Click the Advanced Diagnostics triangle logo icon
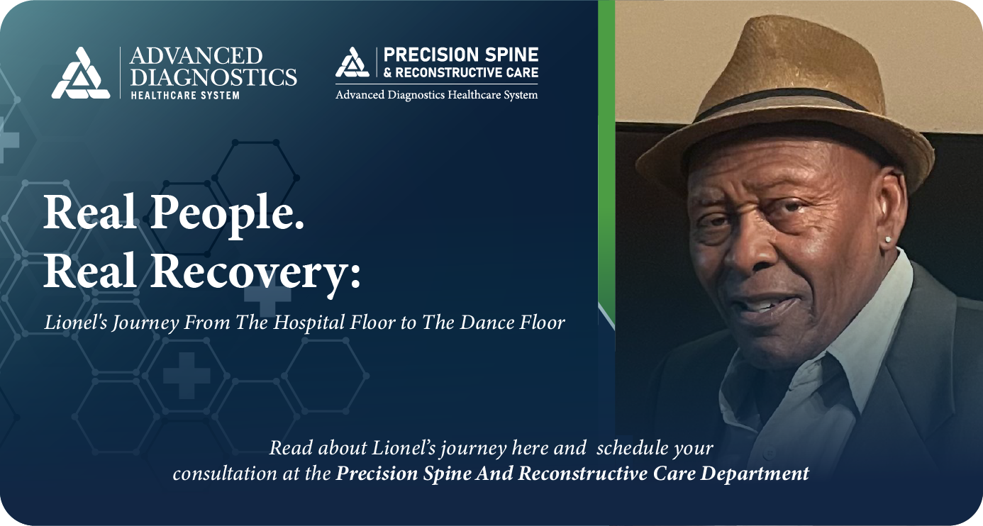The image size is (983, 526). pos(81,74)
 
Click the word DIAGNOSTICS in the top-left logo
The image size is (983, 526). pos(213,77)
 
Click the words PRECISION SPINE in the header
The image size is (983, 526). pos(460,55)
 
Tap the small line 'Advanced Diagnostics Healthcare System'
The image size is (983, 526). pos(436,95)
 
